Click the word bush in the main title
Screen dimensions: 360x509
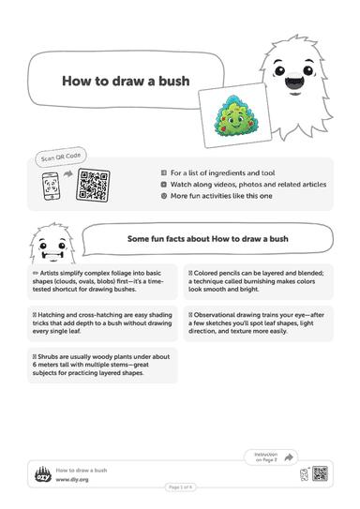coord(173,82)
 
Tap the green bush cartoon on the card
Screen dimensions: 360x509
coord(236,115)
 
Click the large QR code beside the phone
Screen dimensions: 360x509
coord(93,185)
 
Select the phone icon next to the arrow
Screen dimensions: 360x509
coord(51,187)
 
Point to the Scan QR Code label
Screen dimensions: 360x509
coord(61,157)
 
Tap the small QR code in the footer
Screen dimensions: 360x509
coord(320,473)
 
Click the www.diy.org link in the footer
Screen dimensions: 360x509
coord(72,479)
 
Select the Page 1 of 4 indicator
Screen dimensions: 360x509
coord(181,487)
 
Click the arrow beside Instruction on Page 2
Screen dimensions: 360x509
coord(289,457)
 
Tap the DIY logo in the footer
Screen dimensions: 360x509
coord(43,474)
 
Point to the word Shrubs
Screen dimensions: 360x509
coord(48,357)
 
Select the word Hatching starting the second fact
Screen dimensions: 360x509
coord(52,315)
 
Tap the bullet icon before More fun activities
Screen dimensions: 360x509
coord(164,196)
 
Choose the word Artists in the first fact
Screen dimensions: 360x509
coord(49,273)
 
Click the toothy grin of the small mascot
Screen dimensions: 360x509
coord(52,256)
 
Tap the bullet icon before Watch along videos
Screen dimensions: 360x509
coord(164,185)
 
